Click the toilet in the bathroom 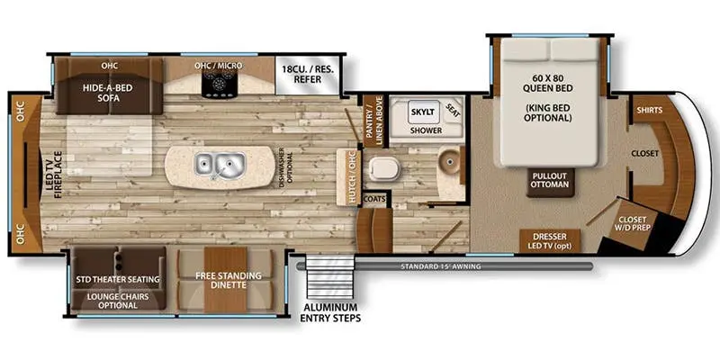[384, 168]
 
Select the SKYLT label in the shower [423, 111]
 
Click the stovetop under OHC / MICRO [219, 84]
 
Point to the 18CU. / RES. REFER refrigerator [308, 75]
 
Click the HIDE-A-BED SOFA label [108, 92]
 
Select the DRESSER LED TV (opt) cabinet [550, 241]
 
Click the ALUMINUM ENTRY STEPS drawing [329, 277]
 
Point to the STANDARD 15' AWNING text [440, 266]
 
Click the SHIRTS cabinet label [649, 110]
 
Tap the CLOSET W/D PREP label [632, 223]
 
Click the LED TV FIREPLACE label [58, 175]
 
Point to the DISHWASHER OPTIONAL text [284, 166]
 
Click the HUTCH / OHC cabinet [347, 177]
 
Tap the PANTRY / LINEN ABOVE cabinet [373, 121]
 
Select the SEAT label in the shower [454, 110]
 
